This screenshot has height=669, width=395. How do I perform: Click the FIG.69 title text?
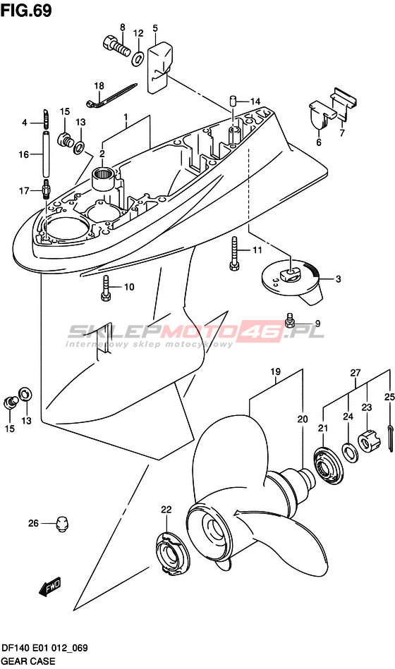pyautogui.click(x=27, y=11)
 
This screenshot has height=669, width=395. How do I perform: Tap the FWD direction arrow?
pyautogui.click(x=50, y=587)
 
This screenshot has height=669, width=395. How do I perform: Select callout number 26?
pyautogui.click(x=33, y=522)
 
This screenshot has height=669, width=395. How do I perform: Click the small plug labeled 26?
pyautogui.click(x=63, y=524)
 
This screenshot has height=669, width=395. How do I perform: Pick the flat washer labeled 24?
pyautogui.click(x=349, y=452)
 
